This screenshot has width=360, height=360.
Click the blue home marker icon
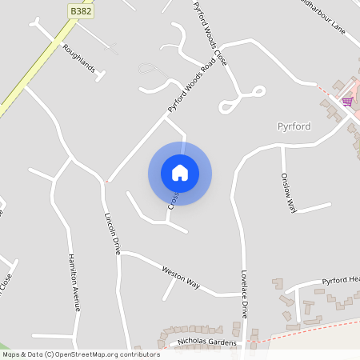pos(180,173)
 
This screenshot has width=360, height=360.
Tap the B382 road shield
pos(79,11)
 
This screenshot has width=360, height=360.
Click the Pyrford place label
pos(293,127)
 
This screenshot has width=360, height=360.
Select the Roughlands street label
pos(79,59)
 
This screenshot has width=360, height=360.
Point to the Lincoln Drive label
pos(111,233)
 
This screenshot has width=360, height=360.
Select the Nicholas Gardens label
pos(207,342)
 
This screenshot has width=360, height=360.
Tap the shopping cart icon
pos(347,102)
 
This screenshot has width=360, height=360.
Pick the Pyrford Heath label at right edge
pos(340,280)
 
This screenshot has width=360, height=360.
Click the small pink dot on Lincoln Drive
pos(106,182)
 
